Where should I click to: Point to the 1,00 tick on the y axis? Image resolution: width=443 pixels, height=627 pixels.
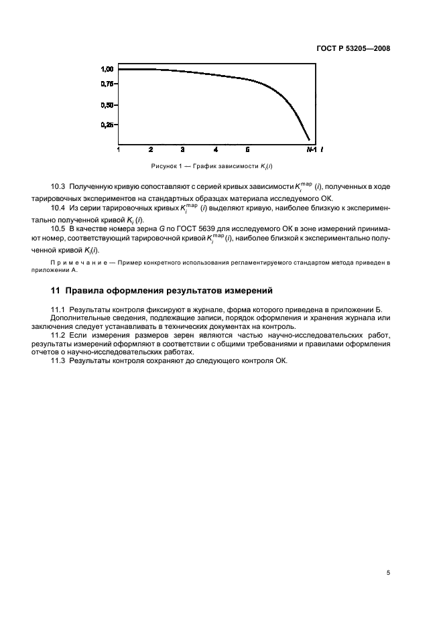[106, 69]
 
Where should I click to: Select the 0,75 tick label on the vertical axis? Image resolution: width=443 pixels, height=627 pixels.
[106, 84]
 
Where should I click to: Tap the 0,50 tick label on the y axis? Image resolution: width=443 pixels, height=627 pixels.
[106, 105]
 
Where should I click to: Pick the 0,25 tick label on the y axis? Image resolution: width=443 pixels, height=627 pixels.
[106, 125]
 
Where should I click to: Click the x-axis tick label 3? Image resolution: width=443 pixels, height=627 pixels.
[182, 149]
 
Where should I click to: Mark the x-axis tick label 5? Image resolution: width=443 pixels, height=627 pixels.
[247, 149]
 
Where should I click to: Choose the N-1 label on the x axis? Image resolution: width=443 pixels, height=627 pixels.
[312, 149]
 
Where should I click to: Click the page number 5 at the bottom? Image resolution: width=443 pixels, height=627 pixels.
[388, 553]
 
